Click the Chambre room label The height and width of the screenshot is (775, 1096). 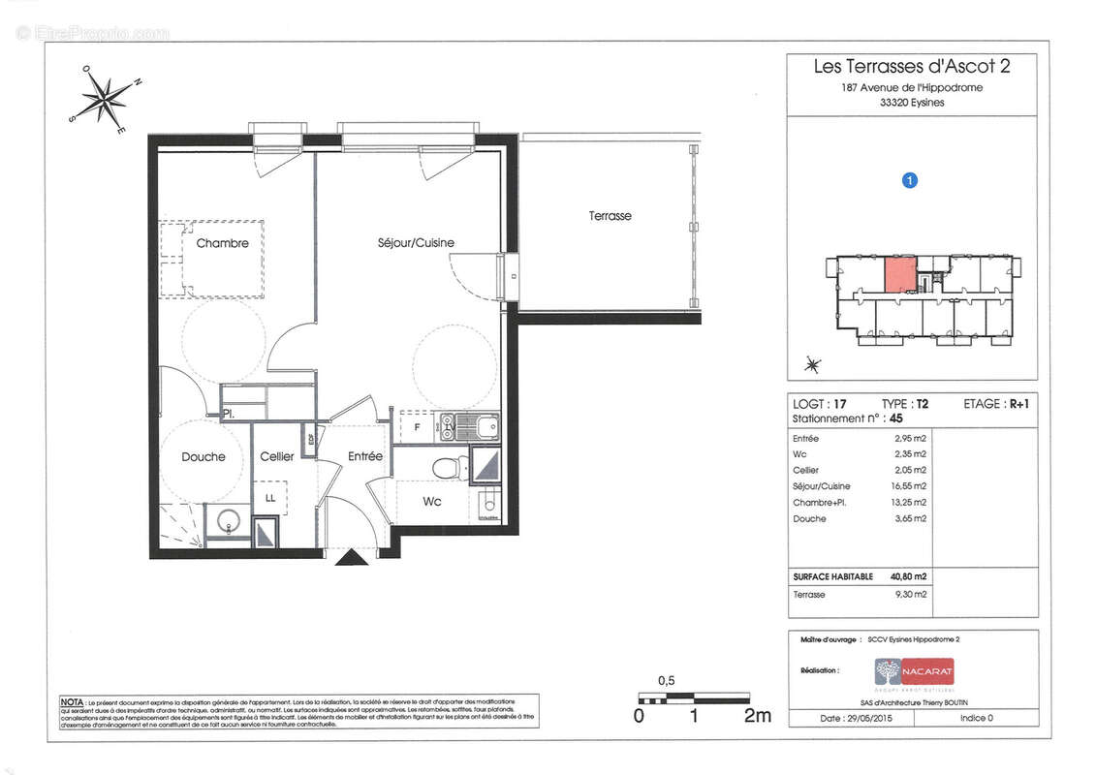pyautogui.click(x=222, y=244)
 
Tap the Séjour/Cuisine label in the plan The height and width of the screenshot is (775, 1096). pyautogui.click(x=416, y=242)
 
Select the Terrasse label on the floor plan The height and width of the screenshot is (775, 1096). pyautogui.click(x=610, y=216)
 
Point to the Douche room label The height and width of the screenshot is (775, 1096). pyautogui.click(x=203, y=457)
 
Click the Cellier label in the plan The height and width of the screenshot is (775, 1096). pyautogui.click(x=276, y=457)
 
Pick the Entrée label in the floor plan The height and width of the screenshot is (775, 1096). pyautogui.click(x=364, y=456)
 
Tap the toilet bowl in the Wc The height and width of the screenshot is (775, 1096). pyautogui.click(x=446, y=469)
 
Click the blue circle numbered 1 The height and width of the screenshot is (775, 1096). pyautogui.click(x=909, y=179)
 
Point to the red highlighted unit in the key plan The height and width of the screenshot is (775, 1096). pyautogui.click(x=898, y=274)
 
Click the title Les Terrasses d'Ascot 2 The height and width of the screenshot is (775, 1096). pyautogui.click(x=911, y=67)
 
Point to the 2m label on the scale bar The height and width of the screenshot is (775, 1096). pyautogui.click(x=757, y=716)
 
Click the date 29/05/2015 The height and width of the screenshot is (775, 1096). pyautogui.click(x=863, y=718)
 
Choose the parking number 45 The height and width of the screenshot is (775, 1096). pyautogui.click(x=896, y=419)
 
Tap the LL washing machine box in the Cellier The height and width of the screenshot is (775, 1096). pyautogui.click(x=269, y=497)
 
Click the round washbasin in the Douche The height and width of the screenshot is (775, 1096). pyautogui.click(x=227, y=520)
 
